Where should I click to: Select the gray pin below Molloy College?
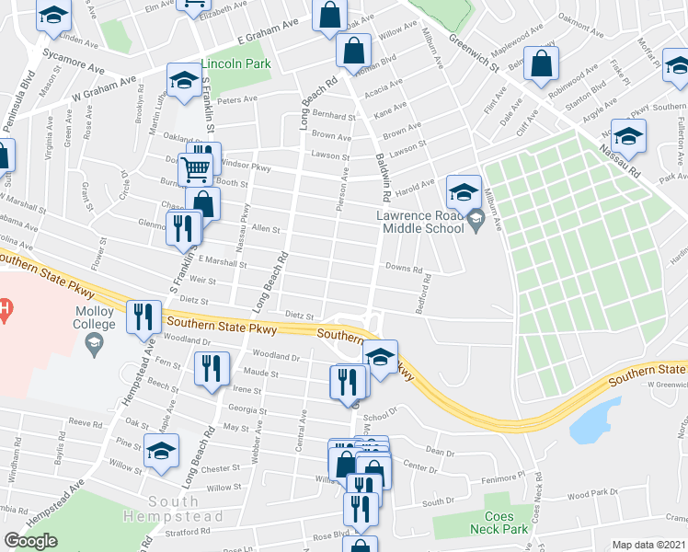(x=94, y=345)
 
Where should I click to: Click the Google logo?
(x=30, y=541)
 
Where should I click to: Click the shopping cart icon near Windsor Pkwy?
(x=196, y=169)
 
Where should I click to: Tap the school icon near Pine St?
(x=161, y=451)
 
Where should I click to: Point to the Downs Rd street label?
(x=404, y=270)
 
